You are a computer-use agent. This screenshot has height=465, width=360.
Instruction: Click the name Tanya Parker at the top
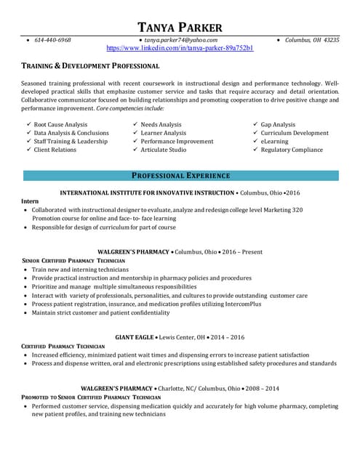180,28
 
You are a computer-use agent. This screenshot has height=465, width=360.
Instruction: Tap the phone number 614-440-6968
53,40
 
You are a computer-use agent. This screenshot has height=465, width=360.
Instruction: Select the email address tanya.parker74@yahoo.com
180,40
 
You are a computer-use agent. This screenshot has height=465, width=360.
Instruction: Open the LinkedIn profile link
180,48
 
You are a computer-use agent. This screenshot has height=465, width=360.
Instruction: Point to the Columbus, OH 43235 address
311,40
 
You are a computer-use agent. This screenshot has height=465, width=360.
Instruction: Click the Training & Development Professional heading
90,66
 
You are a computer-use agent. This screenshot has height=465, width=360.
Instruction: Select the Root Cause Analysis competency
60,125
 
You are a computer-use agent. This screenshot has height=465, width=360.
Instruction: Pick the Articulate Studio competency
163,150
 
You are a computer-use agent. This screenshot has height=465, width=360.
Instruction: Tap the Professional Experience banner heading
180,176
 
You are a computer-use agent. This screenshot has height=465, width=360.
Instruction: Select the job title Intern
30,201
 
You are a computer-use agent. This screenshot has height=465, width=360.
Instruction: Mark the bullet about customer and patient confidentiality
100,313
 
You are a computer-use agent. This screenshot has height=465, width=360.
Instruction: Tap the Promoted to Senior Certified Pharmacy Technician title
91,397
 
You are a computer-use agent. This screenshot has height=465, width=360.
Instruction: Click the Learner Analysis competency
163,133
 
